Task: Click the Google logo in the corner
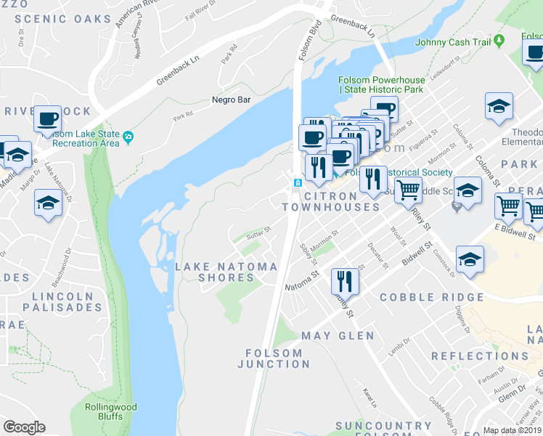(x=24, y=427)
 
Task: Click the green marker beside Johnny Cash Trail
(x=499, y=42)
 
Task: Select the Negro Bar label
(x=231, y=100)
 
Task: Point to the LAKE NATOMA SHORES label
(x=226, y=272)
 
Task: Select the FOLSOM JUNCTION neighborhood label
(x=269, y=358)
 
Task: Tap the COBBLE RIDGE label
(x=431, y=297)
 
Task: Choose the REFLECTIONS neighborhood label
(x=480, y=356)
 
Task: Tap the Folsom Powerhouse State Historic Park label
(x=380, y=84)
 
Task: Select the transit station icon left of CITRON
(x=297, y=182)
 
